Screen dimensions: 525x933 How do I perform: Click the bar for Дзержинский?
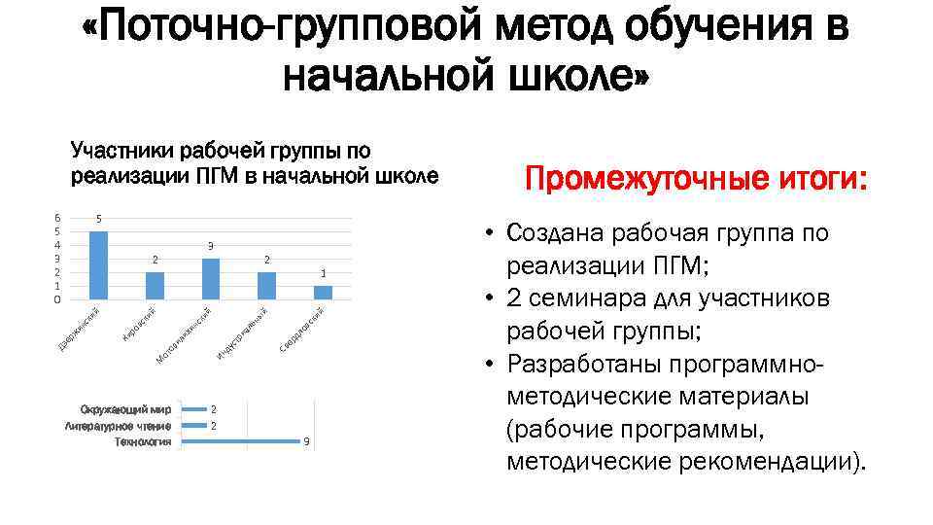(x=98, y=264)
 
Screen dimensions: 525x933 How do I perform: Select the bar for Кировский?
(x=155, y=286)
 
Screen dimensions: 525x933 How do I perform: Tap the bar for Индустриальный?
(x=267, y=286)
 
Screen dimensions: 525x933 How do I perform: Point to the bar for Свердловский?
(x=324, y=292)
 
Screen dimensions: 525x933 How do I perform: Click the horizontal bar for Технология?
(x=241, y=441)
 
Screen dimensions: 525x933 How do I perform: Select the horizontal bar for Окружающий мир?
(x=194, y=409)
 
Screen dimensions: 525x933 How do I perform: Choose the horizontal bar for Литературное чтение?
(x=194, y=426)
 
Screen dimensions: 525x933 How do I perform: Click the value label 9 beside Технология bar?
(x=306, y=442)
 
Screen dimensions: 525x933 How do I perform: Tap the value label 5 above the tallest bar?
(x=98, y=220)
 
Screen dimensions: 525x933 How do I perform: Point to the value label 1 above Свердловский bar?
(x=324, y=274)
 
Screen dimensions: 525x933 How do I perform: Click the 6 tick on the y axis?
(x=57, y=218)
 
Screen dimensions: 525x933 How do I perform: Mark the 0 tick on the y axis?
(x=57, y=300)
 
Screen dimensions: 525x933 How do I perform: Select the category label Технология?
(x=143, y=442)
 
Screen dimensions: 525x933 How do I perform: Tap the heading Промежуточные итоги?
(x=696, y=180)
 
